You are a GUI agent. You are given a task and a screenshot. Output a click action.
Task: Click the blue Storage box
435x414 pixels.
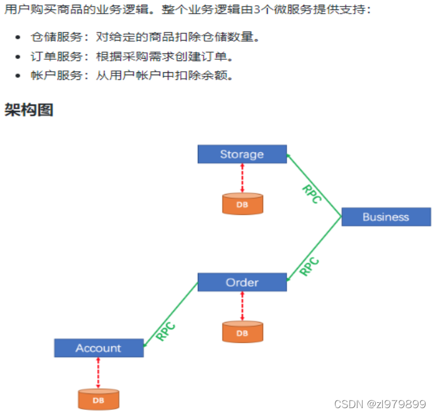coord(242,154)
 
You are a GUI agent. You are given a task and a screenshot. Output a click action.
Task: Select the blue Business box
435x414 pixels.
coord(386,217)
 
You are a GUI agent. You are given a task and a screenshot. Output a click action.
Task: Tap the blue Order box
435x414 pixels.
coord(242,282)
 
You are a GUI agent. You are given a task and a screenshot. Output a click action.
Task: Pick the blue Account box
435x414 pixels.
coord(99,348)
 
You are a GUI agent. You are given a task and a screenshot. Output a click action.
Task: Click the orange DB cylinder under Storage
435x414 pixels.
coord(242,204)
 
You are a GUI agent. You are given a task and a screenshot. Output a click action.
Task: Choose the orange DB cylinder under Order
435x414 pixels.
coord(242,332)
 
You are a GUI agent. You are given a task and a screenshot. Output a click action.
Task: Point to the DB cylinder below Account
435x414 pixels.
coord(99,399)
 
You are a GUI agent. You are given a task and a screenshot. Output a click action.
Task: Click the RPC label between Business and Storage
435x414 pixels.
coord(311,194)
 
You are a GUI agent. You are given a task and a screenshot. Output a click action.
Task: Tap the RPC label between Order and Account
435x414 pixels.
coord(166,332)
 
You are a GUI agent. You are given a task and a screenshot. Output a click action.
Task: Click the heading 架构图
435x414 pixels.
coord(29,110)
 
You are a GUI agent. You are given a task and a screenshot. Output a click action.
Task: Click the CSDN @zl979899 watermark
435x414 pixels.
coord(379,404)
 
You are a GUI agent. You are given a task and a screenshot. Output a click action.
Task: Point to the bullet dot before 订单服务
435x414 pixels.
coord(18,57)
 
